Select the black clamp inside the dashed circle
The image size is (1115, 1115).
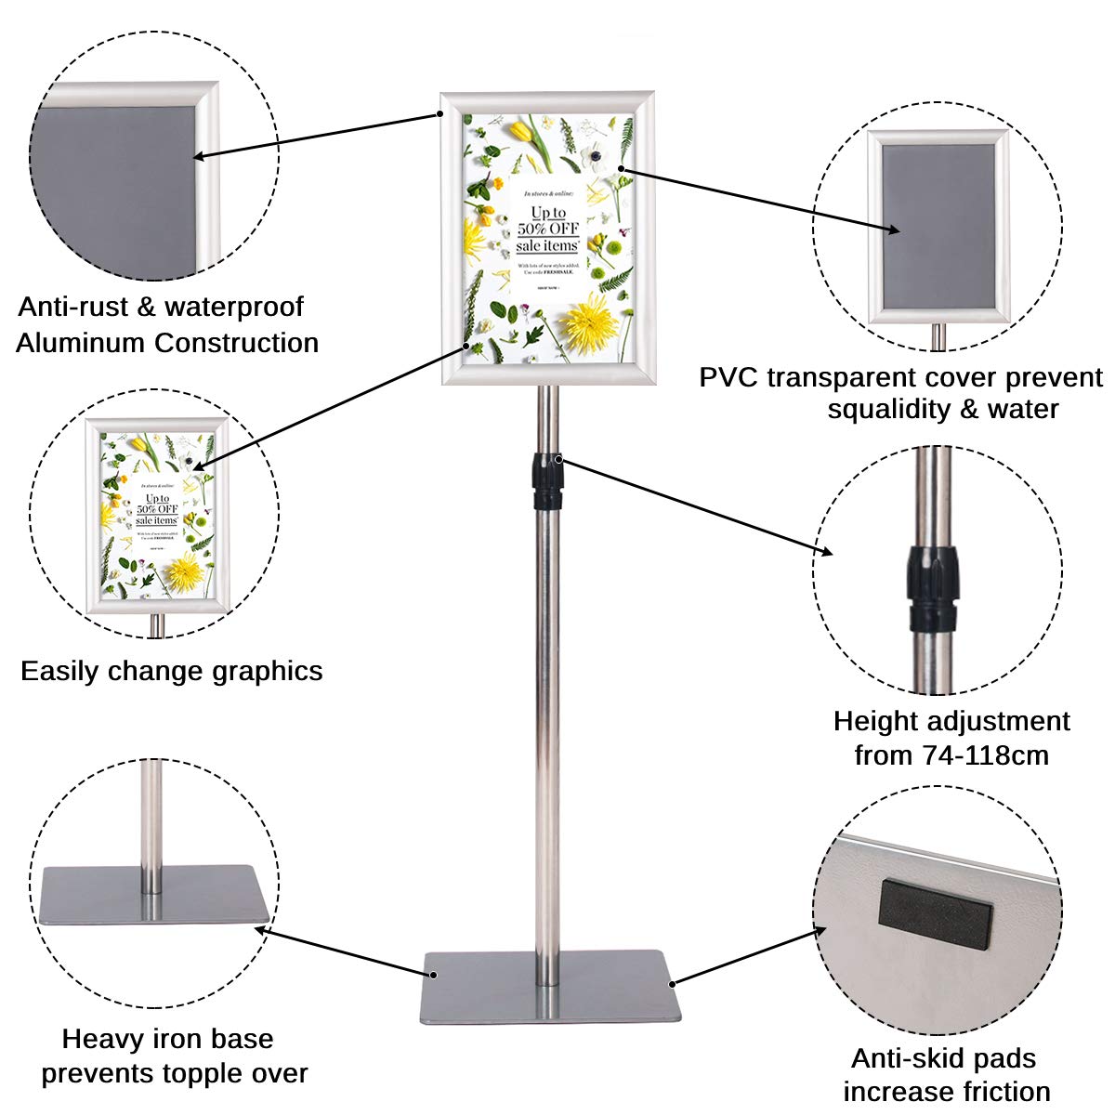(x=931, y=589)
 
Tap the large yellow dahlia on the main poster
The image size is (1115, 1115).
(x=585, y=321)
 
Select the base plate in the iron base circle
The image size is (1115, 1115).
(x=154, y=894)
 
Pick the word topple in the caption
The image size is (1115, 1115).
(x=207, y=1073)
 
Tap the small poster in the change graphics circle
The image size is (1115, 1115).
(x=156, y=516)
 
